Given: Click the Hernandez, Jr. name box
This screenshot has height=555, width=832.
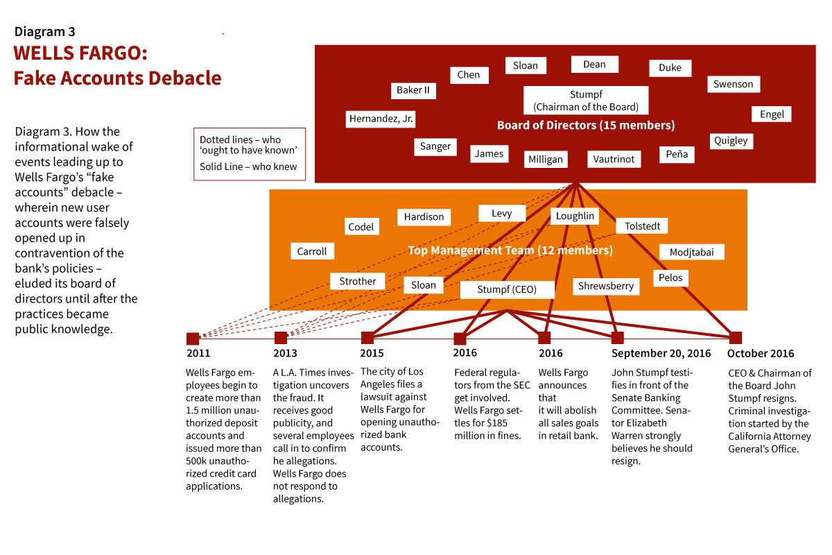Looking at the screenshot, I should pos(381,119).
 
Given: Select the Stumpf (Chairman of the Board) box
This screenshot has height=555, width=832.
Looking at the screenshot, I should pos(586,101).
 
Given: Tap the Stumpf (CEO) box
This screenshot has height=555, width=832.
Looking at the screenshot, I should pos(507,289).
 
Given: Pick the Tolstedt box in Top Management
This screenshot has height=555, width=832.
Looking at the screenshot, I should pos(642,226).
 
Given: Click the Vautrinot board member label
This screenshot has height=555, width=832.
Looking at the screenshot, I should pos(614,159).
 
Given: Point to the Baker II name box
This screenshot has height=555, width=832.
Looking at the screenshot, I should pos(413,90).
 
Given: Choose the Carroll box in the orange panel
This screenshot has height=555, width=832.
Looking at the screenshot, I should pos(312,251).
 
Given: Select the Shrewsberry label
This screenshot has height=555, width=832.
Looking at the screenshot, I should pos(606,286).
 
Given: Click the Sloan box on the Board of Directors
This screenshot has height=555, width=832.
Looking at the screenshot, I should pos(526,65).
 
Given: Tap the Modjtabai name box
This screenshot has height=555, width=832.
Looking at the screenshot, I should pos(692,252).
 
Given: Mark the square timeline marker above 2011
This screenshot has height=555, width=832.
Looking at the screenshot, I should pos(193,339).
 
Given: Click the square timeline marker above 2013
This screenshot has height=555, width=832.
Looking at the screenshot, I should pos(281,338).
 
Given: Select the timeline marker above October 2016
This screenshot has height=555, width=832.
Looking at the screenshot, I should pos(735,338).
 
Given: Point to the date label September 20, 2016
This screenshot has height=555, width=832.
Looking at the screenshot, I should pos(661,354).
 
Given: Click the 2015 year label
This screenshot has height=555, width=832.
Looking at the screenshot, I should pos(372,354).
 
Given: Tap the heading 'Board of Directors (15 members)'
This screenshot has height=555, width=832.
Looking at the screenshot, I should pos(586,126).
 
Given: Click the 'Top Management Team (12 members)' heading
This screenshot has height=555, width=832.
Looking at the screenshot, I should pos(510,250).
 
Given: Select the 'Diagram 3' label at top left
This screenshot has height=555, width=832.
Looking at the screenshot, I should pos(45,32).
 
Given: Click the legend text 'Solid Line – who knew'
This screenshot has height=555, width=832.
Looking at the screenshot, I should pos(248,166).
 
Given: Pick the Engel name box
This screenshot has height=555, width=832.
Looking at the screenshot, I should pos(772,114).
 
